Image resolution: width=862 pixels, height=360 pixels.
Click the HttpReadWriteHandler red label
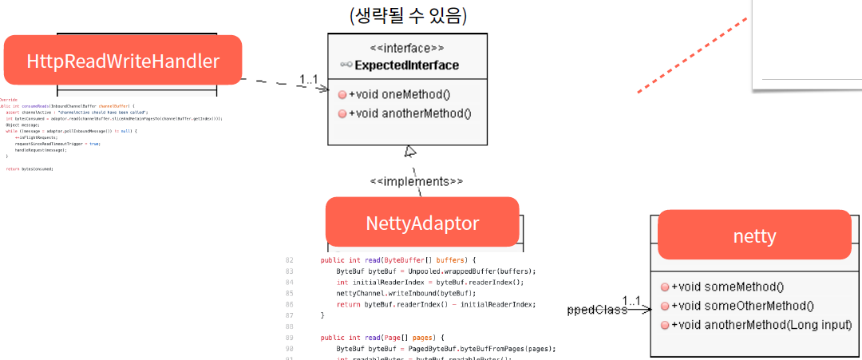[123, 61]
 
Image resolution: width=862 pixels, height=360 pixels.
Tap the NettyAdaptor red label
[422, 223]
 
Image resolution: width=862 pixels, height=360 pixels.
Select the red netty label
[754, 235]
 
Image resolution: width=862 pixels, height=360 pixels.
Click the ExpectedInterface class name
[407, 65]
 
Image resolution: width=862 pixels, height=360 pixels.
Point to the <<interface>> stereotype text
[407, 48]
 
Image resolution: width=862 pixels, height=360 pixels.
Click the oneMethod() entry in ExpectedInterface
[399, 94]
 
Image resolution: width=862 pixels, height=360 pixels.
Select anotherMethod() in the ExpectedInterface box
[409, 113]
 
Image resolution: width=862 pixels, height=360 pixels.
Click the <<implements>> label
[416, 181]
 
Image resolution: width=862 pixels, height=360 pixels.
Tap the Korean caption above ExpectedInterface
[408, 15]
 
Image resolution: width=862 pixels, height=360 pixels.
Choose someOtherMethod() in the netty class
[742, 306]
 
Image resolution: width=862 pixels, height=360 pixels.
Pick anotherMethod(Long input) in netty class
[761, 325]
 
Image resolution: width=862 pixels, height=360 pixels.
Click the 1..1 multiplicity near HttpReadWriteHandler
[309, 79]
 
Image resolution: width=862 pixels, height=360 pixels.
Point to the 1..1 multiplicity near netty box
[631, 301]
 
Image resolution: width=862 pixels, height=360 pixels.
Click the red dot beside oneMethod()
[342, 94]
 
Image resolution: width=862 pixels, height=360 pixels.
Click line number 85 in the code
[290, 293]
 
